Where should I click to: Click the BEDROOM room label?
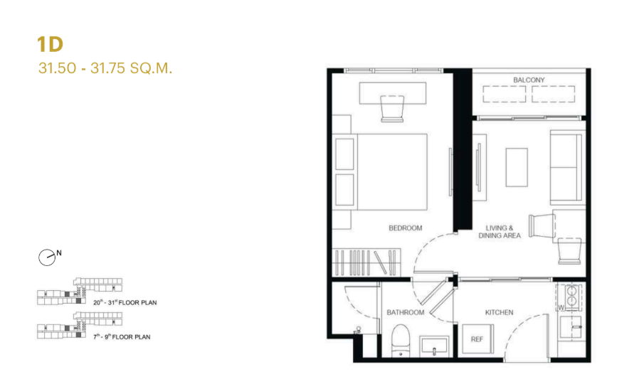coord(405,228)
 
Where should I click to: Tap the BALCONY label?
coord(529,80)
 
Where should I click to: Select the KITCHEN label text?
coord(499,312)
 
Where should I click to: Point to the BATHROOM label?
coord(405,312)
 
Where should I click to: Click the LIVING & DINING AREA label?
coord(500,232)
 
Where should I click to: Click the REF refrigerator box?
coord(477,339)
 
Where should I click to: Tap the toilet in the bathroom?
coord(401,341)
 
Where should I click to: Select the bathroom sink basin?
coord(435,347)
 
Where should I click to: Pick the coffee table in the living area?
coord(517,167)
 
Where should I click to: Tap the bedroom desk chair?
coord(392,109)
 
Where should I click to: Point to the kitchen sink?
coord(571,327)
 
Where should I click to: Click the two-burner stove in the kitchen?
coord(571,296)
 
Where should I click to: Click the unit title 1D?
coord(50,44)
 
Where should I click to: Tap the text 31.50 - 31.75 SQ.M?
coord(105,68)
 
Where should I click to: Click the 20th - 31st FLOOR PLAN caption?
coord(125,302)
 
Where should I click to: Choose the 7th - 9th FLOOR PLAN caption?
coord(122,337)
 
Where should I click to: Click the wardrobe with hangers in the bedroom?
coord(366,262)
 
